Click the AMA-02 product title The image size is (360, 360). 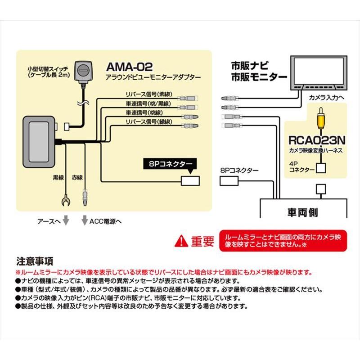click(x=130, y=67)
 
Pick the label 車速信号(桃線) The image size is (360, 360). click(x=144, y=112)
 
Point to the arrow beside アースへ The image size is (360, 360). click(x=66, y=220)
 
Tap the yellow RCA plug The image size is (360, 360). click(x=319, y=118)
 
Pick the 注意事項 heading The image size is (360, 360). click(x=35, y=261)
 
